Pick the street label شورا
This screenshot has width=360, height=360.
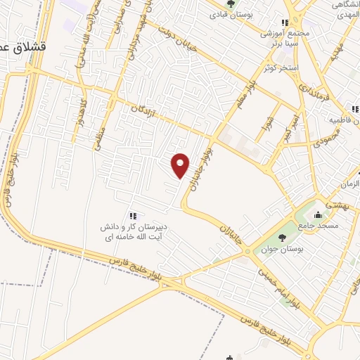click(x=268, y=113)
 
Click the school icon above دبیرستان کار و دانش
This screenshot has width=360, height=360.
click(x=131, y=215)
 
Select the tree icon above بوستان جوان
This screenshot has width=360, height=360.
click(x=282, y=238)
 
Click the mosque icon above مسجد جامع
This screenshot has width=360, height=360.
click(x=319, y=215)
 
